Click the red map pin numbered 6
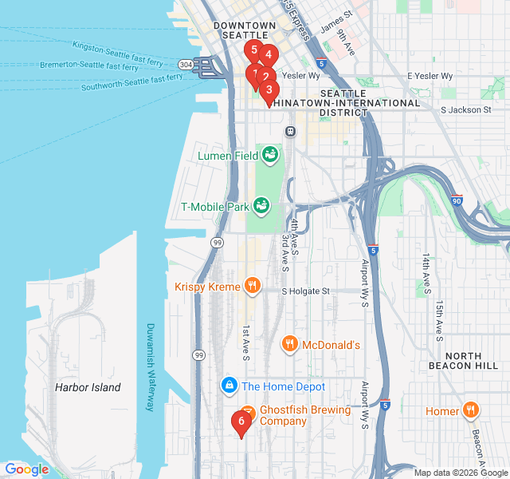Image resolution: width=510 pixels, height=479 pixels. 241,422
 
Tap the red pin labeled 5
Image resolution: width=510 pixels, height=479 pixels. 254,50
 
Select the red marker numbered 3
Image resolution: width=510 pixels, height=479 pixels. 269,90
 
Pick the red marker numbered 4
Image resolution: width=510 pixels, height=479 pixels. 268,56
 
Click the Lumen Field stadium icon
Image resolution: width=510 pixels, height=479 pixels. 270,153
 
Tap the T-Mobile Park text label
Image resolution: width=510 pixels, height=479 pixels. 215,207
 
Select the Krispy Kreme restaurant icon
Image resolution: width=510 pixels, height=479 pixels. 252,285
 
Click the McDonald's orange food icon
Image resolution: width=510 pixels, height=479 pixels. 290,345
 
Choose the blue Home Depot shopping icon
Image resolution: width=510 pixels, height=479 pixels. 229,386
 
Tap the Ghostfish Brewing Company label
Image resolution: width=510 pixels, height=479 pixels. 305,415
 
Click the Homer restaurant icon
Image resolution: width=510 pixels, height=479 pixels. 471,411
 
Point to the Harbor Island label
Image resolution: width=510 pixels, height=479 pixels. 88,388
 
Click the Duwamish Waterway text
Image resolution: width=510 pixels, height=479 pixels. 150,367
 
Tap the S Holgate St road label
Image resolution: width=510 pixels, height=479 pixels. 305,291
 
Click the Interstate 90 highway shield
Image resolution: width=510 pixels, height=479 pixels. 456,200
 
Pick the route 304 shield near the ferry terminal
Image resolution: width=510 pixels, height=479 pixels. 185,64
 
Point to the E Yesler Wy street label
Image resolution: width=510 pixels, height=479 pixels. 430,76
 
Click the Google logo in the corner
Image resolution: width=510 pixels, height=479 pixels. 27,469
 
